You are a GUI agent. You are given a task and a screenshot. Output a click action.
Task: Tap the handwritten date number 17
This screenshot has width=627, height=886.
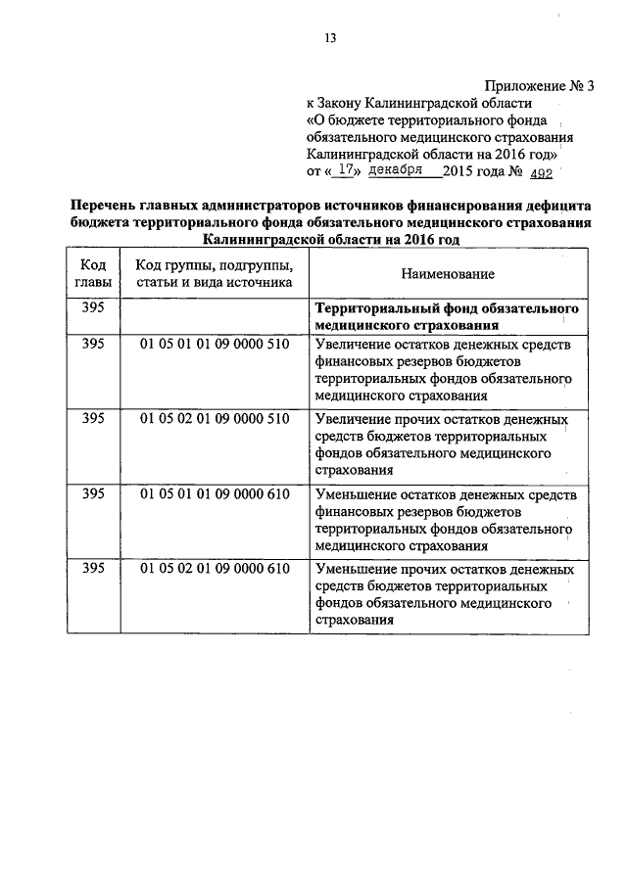[342, 170]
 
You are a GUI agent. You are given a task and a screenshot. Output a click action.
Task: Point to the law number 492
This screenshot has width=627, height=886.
[540, 172]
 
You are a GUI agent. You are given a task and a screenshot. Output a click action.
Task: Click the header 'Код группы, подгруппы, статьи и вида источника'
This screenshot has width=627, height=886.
[214, 274]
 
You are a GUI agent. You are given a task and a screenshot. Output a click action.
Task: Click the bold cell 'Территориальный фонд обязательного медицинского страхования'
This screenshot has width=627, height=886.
[446, 316]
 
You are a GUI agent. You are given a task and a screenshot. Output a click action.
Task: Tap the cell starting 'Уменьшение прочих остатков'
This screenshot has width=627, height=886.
[446, 594]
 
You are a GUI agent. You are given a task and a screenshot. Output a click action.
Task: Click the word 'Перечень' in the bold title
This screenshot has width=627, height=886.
[102, 206]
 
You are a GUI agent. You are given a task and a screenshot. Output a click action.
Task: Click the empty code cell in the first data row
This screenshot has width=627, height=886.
[214, 316]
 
